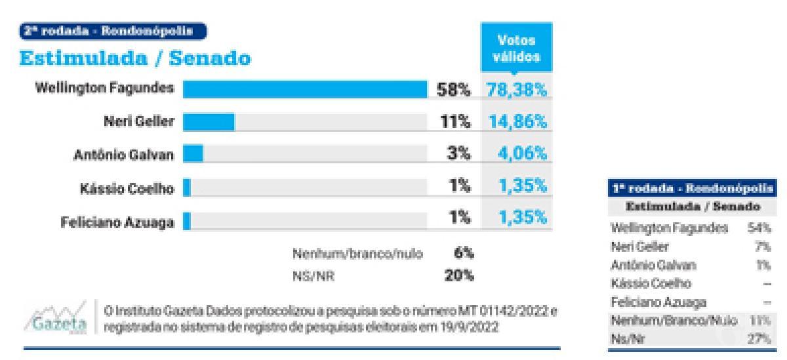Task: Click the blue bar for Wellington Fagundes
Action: pyautogui.click(x=304, y=89)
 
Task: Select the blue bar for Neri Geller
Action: pyautogui.click(x=209, y=122)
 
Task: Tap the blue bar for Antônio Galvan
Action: pyautogui.click(x=193, y=154)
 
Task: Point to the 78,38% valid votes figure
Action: pyautogui.click(x=516, y=90)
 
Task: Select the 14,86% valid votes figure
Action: pyautogui.click(x=516, y=122)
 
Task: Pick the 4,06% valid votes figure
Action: pyautogui.click(x=521, y=154)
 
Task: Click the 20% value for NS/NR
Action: pyautogui.click(x=459, y=276)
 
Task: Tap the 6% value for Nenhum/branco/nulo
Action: pyautogui.click(x=464, y=252)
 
